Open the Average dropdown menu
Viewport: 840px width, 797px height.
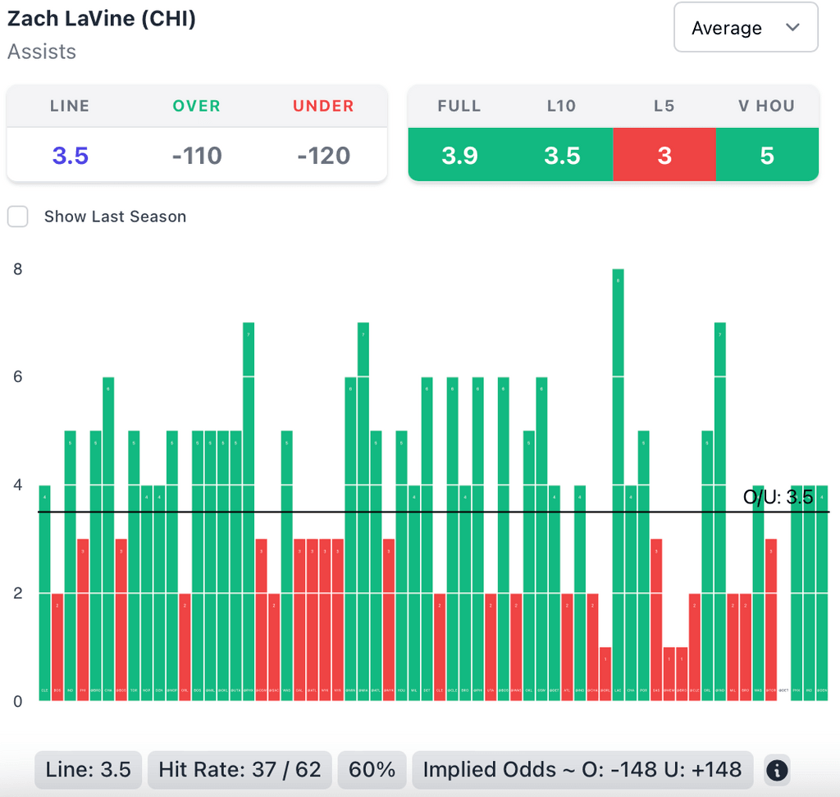pyautogui.click(x=745, y=28)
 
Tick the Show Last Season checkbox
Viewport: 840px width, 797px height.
pyautogui.click(x=18, y=216)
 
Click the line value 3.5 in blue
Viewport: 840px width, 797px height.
pyautogui.click(x=70, y=155)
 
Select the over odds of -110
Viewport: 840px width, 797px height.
pyautogui.click(x=197, y=155)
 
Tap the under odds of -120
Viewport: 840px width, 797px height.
pyautogui.click(x=324, y=155)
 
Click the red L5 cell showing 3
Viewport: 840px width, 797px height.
pyautogui.click(x=664, y=155)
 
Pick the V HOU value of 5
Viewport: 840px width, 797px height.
pyautogui.click(x=767, y=155)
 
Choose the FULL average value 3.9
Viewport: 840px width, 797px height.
pyautogui.click(x=459, y=155)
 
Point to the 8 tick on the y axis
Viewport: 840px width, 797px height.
pyautogui.click(x=18, y=269)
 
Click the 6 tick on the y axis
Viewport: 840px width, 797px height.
pyautogui.click(x=18, y=377)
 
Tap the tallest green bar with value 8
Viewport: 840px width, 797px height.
pyautogui.click(x=618, y=484)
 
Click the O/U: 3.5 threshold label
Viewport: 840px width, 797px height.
pyautogui.click(x=778, y=497)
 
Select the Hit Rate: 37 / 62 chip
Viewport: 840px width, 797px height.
pyautogui.click(x=240, y=770)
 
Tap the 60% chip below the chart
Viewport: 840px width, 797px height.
pyautogui.click(x=372, y=770)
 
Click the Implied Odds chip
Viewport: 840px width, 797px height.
pyautogui.click(x=582, y=770)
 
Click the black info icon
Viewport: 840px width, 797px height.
pyautogui.click(x=777, y=770)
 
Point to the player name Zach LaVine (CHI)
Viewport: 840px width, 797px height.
pyautogui.click(x=102, y=20)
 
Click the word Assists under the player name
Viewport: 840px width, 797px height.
pyautogui.click(x=42, y=52)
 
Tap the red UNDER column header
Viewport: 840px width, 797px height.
pyautogui.click(x=323, y=106)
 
